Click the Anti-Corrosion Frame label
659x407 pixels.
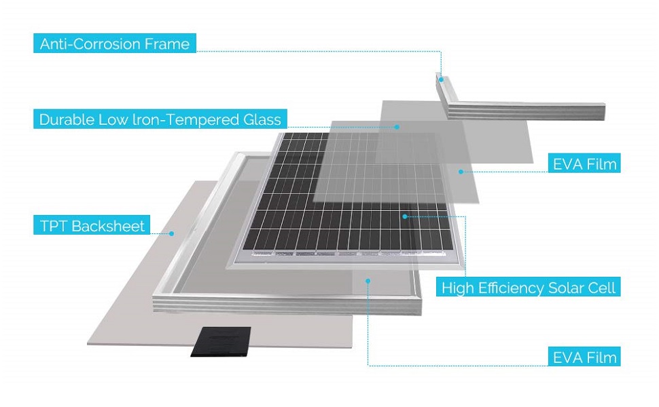click(x=115, y=45)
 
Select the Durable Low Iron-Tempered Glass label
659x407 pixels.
click(x=160, y=120)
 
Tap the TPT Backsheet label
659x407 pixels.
click(x=92, y=226)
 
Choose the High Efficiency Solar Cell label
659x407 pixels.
click(x=528, y=288)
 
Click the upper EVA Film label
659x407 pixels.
click(x=584, y=163)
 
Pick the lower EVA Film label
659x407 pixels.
click(x=584, y=357)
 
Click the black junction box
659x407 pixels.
click(x=220, y=342)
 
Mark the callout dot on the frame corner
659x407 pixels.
click(x=441, y=79)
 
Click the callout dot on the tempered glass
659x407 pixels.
click(x=397, y=126)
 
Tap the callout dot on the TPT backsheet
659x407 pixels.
click(x=172, y=233)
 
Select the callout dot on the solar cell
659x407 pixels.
click(x=405, y=216)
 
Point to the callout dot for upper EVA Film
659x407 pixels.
click(x=461, y=172)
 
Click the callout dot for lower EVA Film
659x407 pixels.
click(x=368, y=279)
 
